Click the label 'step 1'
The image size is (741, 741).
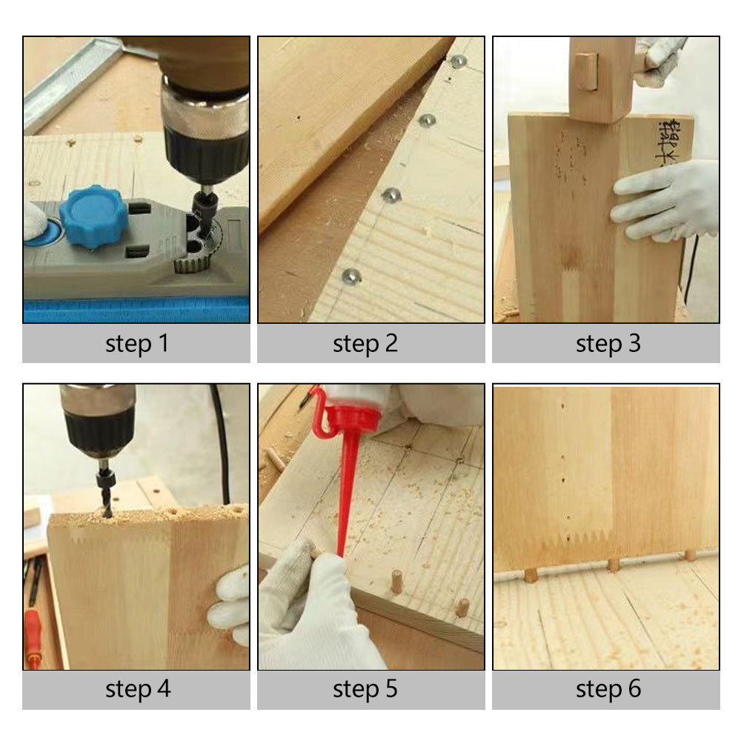(136, 344)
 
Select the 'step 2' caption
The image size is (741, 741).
(365, 344)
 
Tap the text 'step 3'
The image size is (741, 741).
(608, 344)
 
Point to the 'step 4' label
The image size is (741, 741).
(138, 689)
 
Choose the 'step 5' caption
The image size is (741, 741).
(365, 689)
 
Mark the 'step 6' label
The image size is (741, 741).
(608, 689)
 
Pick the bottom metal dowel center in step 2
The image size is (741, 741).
(350, 277)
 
